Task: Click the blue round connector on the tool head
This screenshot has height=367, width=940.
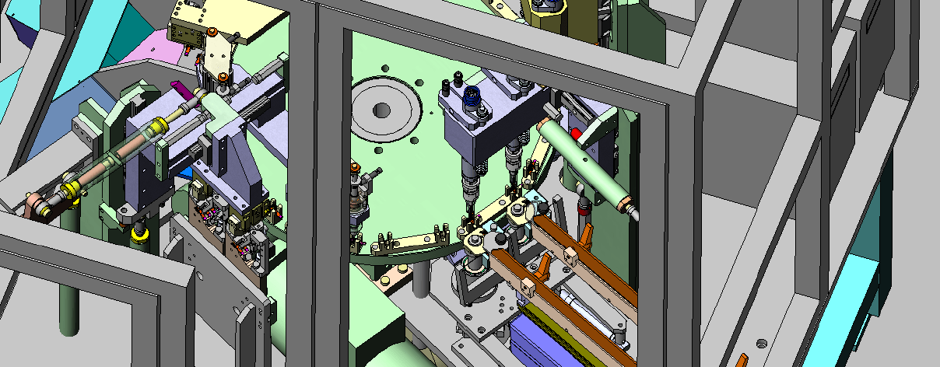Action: click(x=472, y=97)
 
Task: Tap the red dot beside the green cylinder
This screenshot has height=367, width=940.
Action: click(x=576, y=134)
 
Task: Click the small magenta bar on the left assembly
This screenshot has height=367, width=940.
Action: click(x=177, y=87)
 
